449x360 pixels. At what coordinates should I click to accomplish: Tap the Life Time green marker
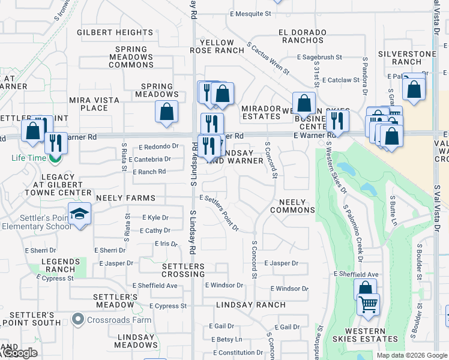pyautogui.click(x=55, y=158)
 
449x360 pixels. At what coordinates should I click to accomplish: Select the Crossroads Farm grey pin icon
pyautogui.click(x=77, y=319)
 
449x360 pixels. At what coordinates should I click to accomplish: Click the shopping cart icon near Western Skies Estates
pyautogui.click(x=368, y=304)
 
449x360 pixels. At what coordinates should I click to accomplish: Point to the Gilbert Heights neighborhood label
pyautogui.click(x=115, y=32)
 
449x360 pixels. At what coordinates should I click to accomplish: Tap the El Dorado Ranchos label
pyautogui.click(x=302, y=36)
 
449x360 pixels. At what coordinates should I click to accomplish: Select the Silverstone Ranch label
pyautogui.click(x=408, y=58)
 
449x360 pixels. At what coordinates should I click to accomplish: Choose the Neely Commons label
pyautogui.click(x=292, y=206)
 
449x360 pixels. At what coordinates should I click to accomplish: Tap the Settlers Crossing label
pyautogui.click(x=183, y=270)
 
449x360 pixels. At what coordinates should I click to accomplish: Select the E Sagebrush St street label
pyautogui.click(x=319, y=57)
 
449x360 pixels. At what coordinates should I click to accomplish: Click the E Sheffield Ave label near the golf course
pyautogui.click(x=356, y=274)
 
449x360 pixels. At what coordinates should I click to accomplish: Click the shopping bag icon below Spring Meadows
pyautogui.click(x=166, y=111)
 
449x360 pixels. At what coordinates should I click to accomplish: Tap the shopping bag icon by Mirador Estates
pyautogui.click(x=304, y=103)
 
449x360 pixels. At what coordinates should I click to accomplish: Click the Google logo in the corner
pyautogui.click(x=19, y=353)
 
